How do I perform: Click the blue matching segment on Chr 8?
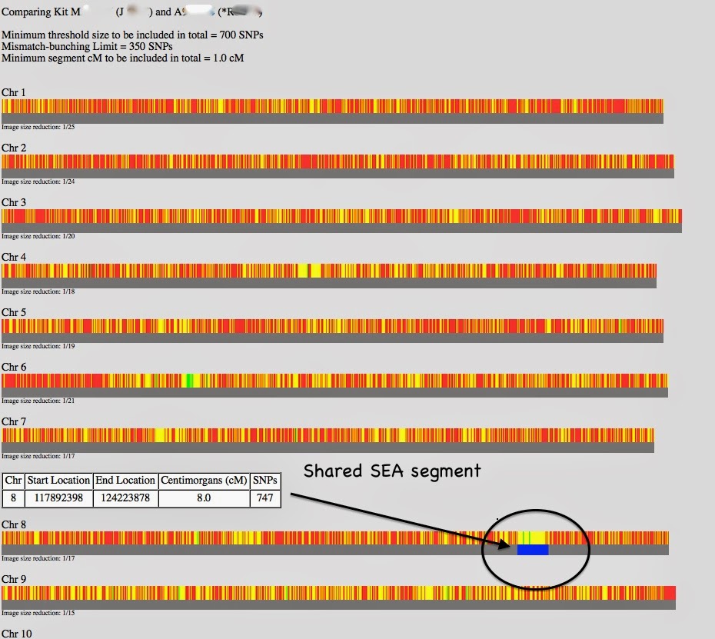pyautogui.click(x=533, y=549)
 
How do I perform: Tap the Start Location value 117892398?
pyautogui.click(x=58, y=498)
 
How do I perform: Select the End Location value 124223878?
pyautogui.click(x=125, y=498)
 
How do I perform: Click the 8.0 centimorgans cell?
pyautogui.click(x=204, y=498)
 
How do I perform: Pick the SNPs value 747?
pyautogui.click(x=265, y=498)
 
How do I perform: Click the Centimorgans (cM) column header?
pyautogui.click(x=204, y=481)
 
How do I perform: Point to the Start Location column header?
pyautogui.click(x=58, y=481)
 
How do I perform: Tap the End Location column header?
pyautogui.click(x=125, y=481)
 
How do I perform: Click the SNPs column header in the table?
pyautogui.click(x=265, y=481)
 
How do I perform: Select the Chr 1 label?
pyautogui.click(x=14, y=92)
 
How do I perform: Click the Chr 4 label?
pyautogui.click(x=14, y=257)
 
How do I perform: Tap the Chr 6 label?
pyautogui.click(x=14, y=367)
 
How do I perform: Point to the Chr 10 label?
pyautogui.click(x=16, y=633)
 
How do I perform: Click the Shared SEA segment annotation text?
pyautogui.click(x=392, y=471)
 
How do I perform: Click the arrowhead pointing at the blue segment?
pyautogui.click(x=504, y=545)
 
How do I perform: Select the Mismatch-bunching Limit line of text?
pyautogui.click(x=87, y=46)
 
